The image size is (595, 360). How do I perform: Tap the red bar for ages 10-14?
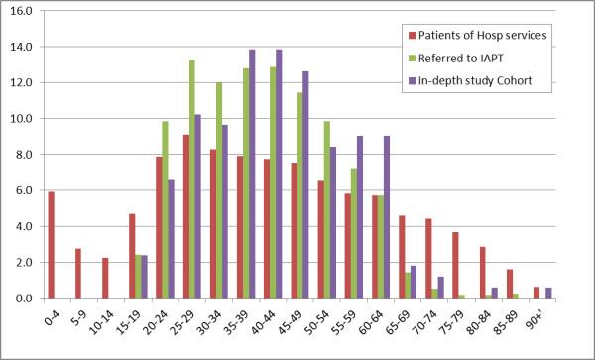104,278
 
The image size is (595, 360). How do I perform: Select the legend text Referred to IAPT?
466,58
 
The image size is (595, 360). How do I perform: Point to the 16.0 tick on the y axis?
21,11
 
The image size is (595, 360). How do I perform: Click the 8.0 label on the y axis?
23,155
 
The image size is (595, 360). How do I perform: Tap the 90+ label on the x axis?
562,320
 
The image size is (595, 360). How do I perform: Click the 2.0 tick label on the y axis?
23,262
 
